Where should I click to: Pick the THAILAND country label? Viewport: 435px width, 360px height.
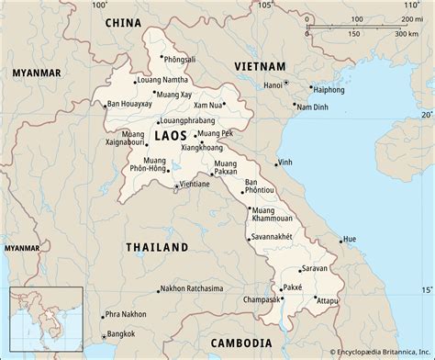[156, 247]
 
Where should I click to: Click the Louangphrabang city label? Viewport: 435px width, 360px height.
[188, 120]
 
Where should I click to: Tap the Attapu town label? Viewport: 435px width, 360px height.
[330, 299]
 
